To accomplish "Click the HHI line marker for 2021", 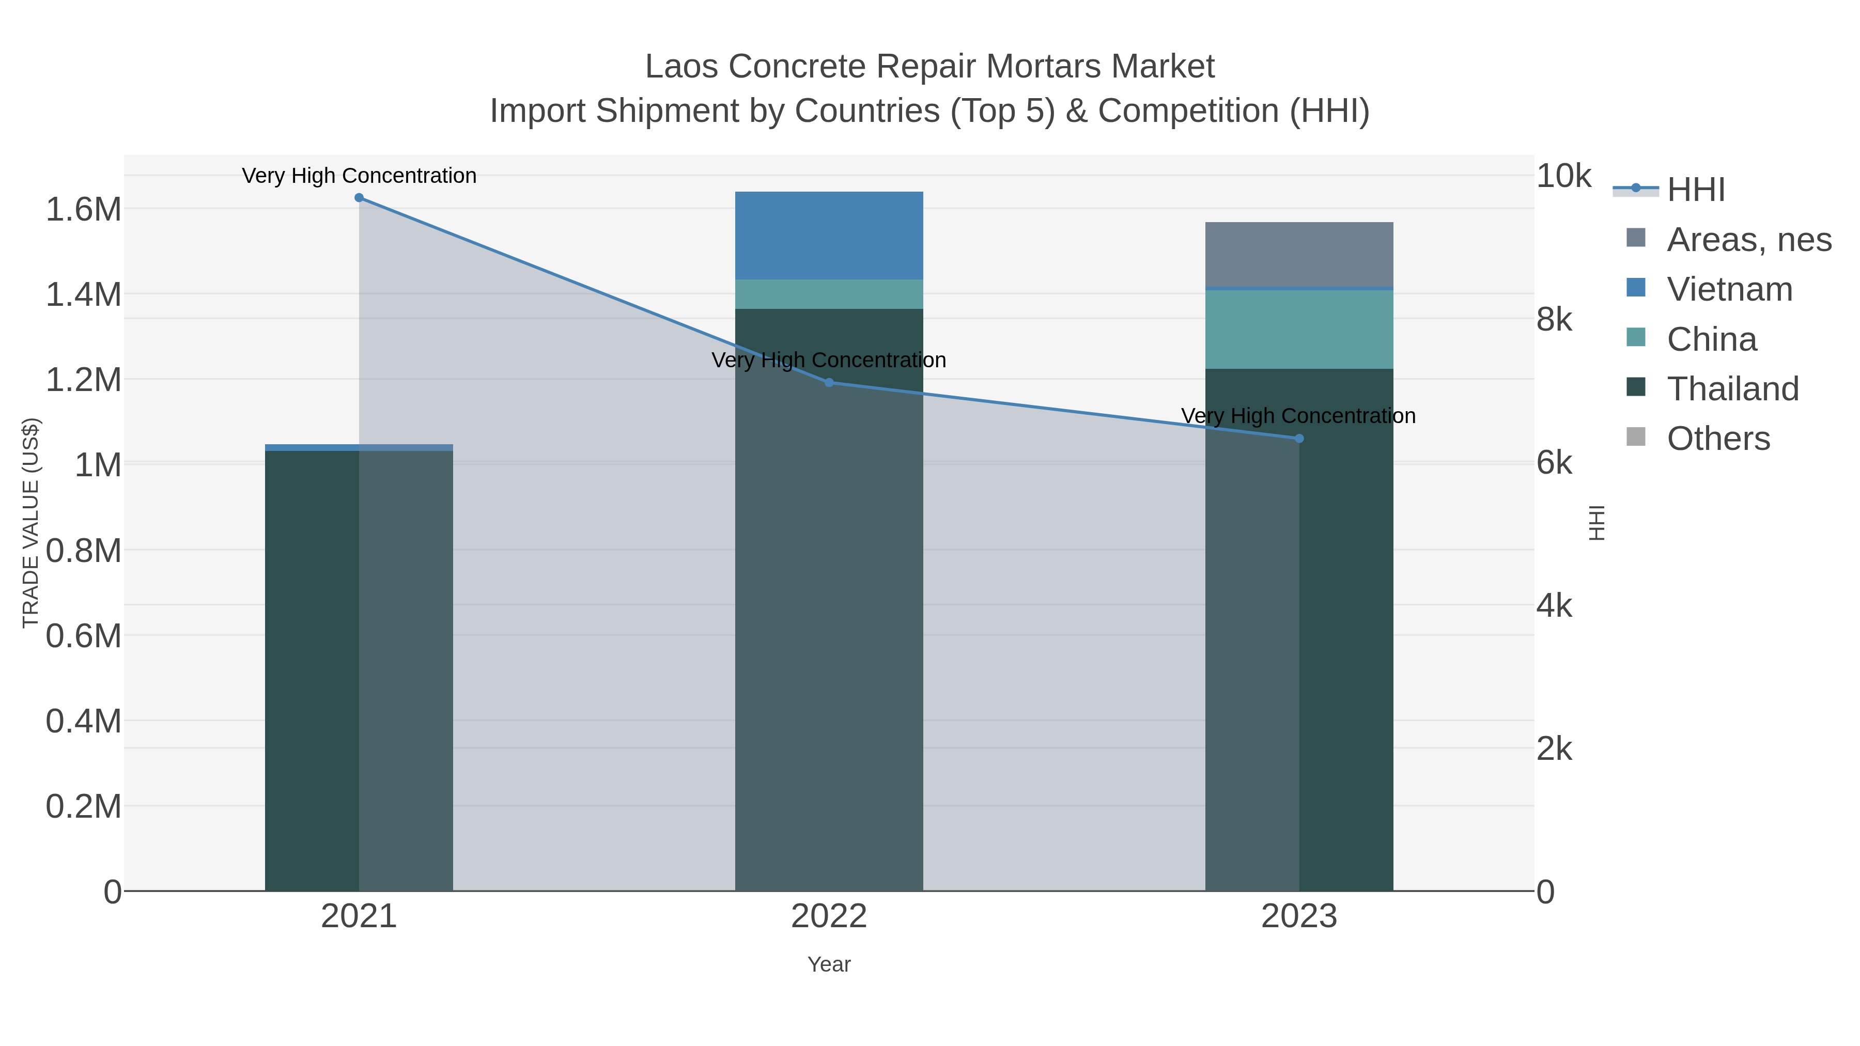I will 359,198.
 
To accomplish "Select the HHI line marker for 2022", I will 829,383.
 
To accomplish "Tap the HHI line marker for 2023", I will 1299,438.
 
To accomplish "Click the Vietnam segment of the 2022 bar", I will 829,236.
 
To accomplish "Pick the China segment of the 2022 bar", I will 829,294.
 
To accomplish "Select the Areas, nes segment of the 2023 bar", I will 1299,254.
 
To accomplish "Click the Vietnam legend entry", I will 1729,289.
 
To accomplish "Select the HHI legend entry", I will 1695,190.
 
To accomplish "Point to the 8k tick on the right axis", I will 1554,320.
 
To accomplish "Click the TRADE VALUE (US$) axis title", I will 30,523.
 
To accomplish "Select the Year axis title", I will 829,964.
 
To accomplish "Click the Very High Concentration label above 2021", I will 359,176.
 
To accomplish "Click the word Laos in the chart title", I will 681,67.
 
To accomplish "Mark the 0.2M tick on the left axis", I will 84,806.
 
